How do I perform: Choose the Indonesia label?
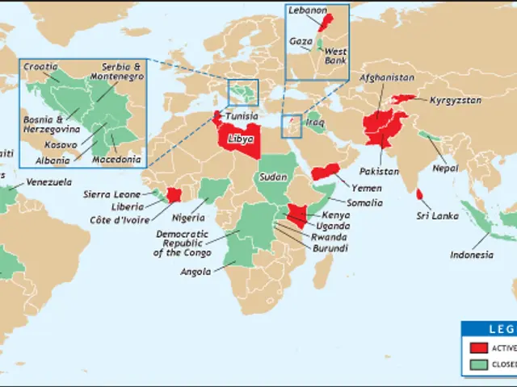[x=472, y=255]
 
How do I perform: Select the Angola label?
[x=196, y=272]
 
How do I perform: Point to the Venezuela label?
[x=48, y=182]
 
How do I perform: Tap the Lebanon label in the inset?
[x=310, y=10]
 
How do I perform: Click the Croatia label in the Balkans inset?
[x=40, y=66]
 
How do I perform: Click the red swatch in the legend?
[x=477, y=347]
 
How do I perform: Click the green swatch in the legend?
[x=477, y=364]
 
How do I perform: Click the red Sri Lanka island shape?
[x=421, y=194]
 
